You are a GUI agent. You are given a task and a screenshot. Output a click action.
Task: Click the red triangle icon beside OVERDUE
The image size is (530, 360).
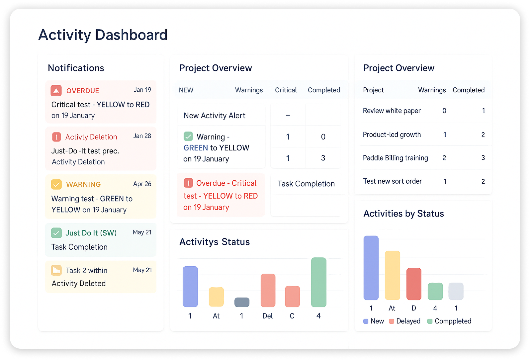[x=56, y=91]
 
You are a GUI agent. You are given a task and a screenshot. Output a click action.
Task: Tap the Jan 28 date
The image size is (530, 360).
[x=142, y=136]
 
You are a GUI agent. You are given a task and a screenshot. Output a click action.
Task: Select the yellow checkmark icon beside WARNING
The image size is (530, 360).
[x=56, y=184]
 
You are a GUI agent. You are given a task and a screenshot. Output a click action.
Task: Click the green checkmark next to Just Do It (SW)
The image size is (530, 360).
[x=56, y=233]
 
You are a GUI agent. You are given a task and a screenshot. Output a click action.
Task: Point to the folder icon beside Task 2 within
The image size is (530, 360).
[x=56, y=270]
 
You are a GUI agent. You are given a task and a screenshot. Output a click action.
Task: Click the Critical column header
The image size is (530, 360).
[x=286, y=90]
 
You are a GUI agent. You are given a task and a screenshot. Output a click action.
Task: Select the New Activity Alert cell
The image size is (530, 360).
[x=215, y=116]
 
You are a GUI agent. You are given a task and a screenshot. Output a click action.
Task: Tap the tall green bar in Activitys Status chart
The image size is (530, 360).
[x=319, y=282]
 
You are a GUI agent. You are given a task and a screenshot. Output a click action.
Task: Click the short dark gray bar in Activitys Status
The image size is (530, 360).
[x=242, y=302]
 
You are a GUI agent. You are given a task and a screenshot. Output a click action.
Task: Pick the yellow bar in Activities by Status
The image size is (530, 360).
[x=392, y=275]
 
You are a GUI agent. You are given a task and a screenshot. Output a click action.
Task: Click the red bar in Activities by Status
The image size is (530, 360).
[x=414, y=284]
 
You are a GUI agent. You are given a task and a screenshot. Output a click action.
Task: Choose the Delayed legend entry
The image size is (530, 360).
[x=404, y=321]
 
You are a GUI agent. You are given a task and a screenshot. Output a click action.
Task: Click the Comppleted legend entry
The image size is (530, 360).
[x=449, y=321]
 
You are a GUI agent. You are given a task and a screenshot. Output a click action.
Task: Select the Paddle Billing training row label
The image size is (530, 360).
[x=396, y=158]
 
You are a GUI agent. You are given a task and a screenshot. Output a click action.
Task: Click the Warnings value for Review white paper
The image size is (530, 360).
[x=444, y=111]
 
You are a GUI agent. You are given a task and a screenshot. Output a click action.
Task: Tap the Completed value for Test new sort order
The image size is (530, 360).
[x=483, y=182]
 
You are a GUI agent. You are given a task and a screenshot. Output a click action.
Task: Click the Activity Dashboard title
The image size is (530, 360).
[x=103, y=35]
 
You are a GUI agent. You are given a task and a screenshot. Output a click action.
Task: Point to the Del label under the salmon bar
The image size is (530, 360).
[x=268, y=316]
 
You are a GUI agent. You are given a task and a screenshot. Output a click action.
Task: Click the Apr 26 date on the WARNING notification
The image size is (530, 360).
[x=142, y=184]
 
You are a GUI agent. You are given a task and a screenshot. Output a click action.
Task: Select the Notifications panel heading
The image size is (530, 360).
[x=76, y=68]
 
